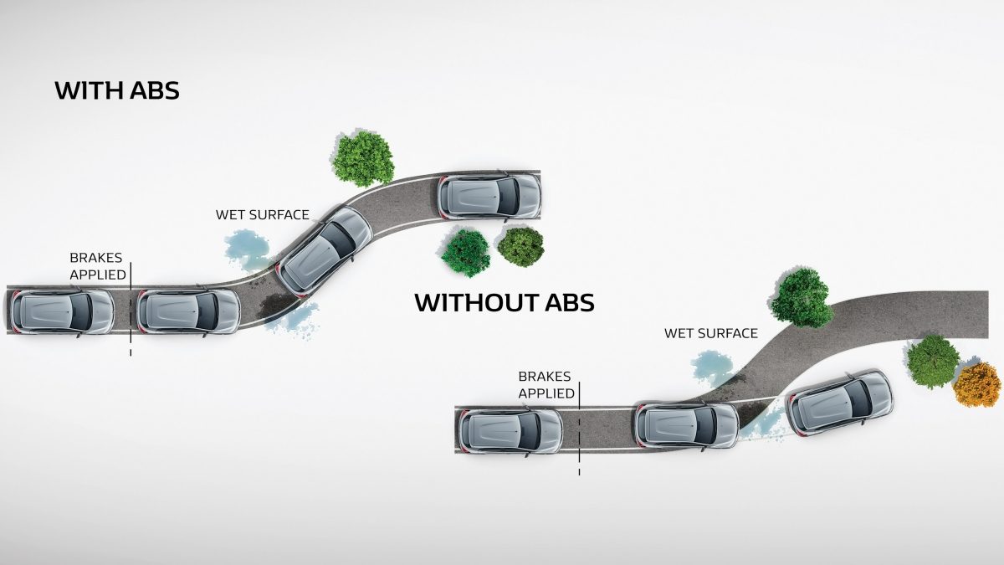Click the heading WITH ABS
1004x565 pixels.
(x=117, y=90)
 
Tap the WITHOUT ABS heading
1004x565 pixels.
(x=505, y=302)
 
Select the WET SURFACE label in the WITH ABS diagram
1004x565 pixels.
(x=262, y=214)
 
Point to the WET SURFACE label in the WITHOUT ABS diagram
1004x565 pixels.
(x=711, y=333)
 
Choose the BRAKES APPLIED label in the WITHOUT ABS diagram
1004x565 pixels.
(x=546, y=385)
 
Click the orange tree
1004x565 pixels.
(x=976, y=384)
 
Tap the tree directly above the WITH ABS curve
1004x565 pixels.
(x=362, y=157)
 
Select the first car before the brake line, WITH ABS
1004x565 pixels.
(x=63, y=311)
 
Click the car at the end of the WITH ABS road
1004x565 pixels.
(x=489, y=197)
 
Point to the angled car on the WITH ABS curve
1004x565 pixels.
(x=324, y=250)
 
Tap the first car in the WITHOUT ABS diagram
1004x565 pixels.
(x=511, y=429)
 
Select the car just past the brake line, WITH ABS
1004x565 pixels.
(x=188, y=311)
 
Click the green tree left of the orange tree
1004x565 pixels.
(x=933, y=361)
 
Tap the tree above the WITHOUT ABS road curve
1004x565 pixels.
(x=802, y=298)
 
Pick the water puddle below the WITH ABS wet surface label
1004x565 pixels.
(x=247, y=248)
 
